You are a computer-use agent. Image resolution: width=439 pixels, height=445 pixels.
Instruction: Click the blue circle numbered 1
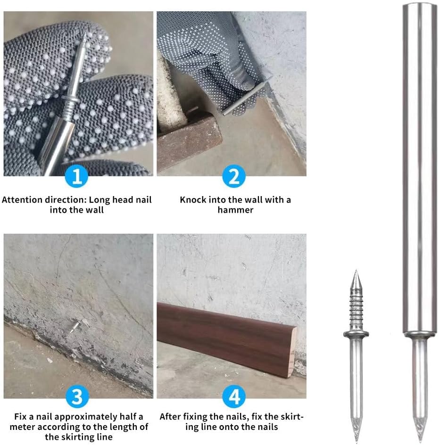pyautogui.click(x=76, y=176)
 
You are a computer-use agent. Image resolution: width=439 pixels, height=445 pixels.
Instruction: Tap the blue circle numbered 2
pyautogui.click(x=234, y=176)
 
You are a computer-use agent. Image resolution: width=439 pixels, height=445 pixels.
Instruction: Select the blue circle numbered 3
pyautogui.click(x=77, y=396)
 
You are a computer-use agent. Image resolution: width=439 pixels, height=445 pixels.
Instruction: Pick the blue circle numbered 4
pyautogui.click(x=234, y=396)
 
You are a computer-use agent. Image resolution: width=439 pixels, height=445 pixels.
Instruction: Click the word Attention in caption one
pyautogui.click(x=22, y=200)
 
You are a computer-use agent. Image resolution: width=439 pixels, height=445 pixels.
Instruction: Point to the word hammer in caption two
pyautogui.click(x=235, y=210)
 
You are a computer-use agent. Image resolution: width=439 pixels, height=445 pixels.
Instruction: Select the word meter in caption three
pyautogui.click(x=23, y=427)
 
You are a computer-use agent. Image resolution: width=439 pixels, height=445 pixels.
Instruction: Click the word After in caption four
pyautogui.click(x=170, y=417)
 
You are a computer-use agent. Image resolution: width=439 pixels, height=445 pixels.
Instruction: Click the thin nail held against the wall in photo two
pyautogui.click(x=247, y=96)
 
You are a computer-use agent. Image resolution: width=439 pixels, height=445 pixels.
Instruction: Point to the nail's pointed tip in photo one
pyautogui.click(x=84, y=33)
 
